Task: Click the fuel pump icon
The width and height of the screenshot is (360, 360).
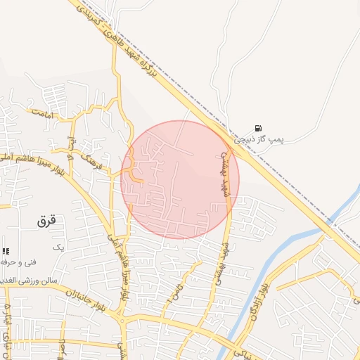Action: tap(259, 128)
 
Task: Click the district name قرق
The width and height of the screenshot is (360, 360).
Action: tap(46, 220)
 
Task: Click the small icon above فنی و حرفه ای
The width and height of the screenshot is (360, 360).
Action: tap(6, 251)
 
